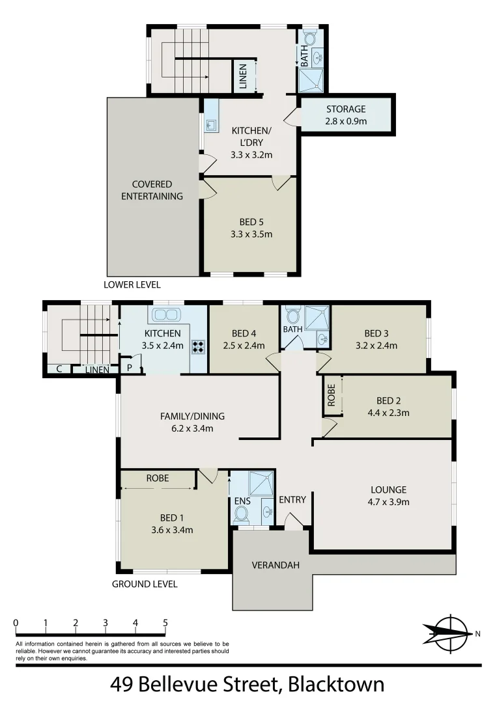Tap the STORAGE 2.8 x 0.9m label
(346, 115)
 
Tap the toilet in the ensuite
(241, 514)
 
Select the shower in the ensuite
(263, 484)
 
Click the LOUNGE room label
(388, 489)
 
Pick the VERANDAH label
(275, 565)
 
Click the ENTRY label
(292, 499)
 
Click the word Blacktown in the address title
(336, 685)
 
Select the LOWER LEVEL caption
(132, 284)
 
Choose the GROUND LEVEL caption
(145, 584)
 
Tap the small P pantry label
(130, 368)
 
